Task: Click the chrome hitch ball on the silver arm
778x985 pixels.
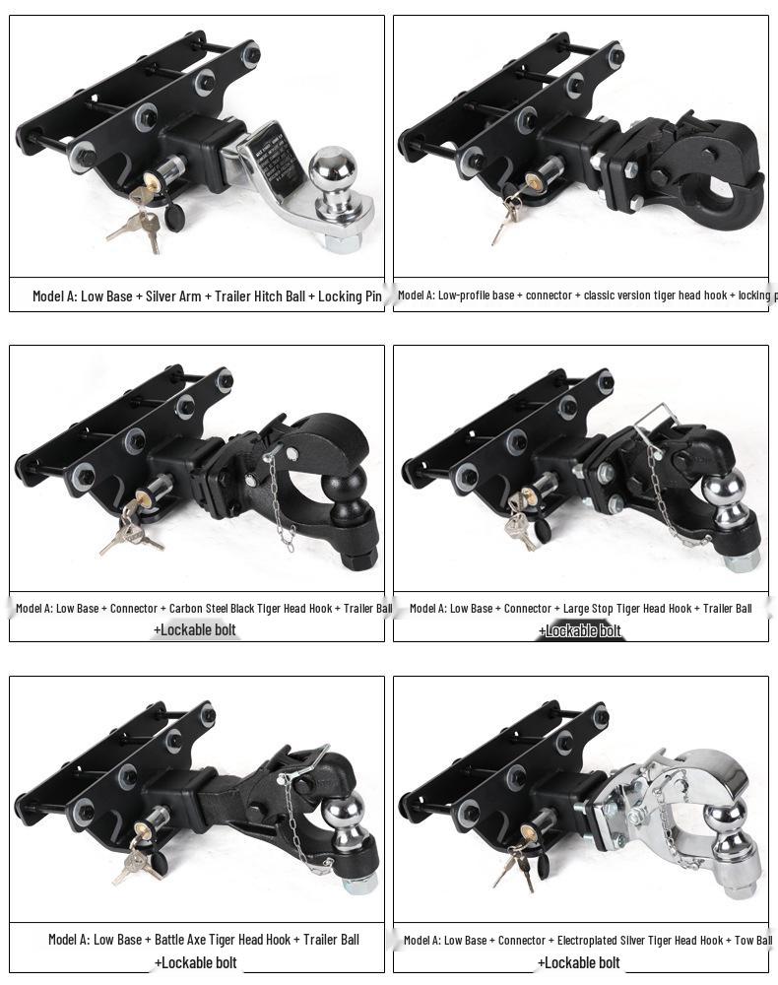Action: [x=332, y=169]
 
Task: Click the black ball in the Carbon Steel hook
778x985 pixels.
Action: [x=350, y=485]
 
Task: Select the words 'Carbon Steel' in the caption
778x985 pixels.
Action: [x=201, y=609]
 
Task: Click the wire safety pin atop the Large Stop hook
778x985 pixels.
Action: [x=659, y=418]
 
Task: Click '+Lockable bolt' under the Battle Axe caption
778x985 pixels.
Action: [x=195, y=962]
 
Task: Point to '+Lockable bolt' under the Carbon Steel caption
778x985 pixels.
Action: [x=195, y=629]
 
